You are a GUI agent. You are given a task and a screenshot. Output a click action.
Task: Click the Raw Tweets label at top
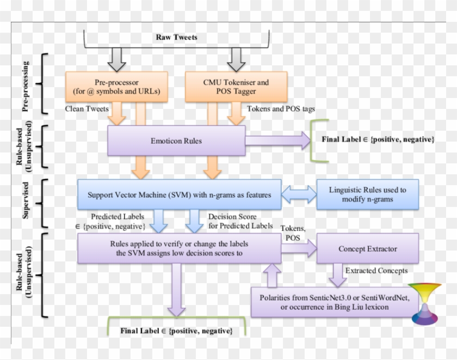177,38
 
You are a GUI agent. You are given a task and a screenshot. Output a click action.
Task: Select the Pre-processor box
117,87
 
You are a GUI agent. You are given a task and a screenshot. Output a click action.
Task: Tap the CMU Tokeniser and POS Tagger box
236,87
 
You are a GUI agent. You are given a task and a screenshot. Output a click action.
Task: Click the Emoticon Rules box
176,141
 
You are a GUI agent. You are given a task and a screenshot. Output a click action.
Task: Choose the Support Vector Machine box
179,194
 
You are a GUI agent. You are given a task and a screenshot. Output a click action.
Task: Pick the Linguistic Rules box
367,194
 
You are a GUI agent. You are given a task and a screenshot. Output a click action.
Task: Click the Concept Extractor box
368,249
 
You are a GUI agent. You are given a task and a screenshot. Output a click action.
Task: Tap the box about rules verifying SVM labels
179,248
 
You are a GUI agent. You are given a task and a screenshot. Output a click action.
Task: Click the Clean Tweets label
87,109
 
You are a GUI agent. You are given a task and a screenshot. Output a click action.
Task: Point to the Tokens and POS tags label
281,109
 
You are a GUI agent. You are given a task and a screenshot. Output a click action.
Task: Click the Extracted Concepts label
376,271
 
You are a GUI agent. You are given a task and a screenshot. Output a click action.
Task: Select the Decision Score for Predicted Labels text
239,221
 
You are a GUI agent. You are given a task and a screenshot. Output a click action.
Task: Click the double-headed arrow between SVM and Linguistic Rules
299,194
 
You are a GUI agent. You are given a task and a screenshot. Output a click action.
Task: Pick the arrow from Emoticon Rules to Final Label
277,141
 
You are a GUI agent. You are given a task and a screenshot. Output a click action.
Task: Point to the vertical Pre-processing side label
26,87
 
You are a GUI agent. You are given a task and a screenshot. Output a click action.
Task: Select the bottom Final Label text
176,331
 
